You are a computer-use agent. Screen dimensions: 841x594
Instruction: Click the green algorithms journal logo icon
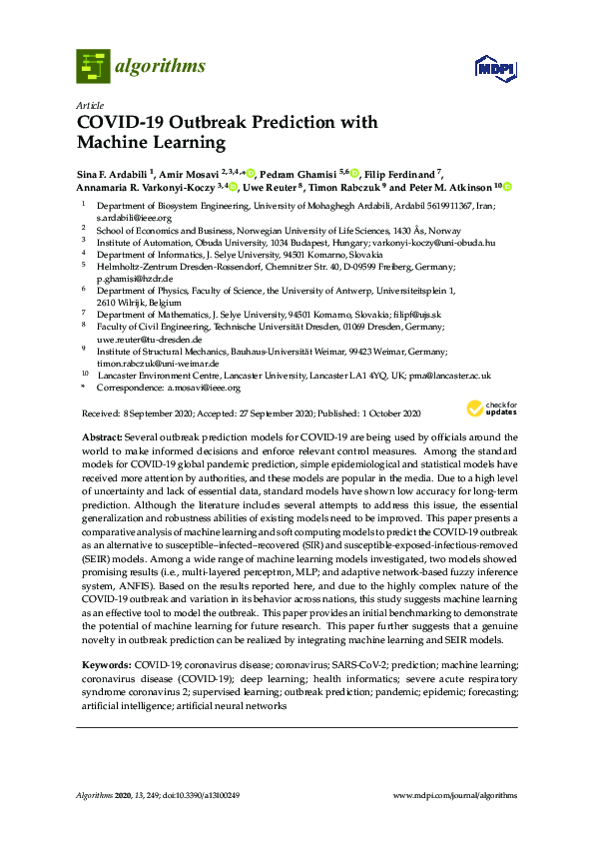pos(93,66)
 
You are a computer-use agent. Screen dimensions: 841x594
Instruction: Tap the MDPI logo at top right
pos(494,69)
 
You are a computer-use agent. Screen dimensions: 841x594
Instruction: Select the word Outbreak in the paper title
pos(202,123)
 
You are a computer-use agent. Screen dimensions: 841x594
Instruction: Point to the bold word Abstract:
pos(104,438)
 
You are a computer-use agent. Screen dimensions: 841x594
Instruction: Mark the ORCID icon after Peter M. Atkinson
pos(507,187)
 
